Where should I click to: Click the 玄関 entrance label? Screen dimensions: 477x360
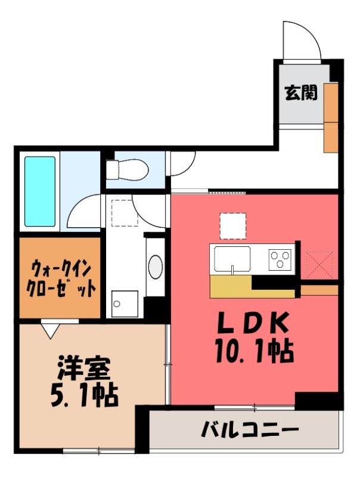(x=300, y=93)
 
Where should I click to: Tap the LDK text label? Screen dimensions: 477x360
(x=253, y=324)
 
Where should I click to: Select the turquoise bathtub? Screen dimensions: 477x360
(x=41, y=191)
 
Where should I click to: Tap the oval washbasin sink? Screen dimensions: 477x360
(x=155, y=267)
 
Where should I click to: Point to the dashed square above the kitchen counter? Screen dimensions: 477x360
(x=232, y=226)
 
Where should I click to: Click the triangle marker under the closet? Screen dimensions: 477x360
(x=49, y=327)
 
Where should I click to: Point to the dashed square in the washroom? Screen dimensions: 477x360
(x=125, y=212)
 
